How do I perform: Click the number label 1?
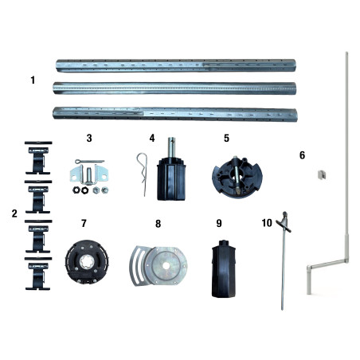click(33, 80)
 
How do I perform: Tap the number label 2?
click(14, 213)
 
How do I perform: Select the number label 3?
click(89, 138)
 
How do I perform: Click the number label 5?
click(226, 138)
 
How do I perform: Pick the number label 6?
click(301, 155)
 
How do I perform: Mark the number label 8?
click(158, 224)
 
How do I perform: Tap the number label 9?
click(218, 224)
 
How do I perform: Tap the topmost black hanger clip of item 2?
click(38, 156)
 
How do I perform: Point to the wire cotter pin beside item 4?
click(142, 173)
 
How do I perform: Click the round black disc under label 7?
click(84, 260)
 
